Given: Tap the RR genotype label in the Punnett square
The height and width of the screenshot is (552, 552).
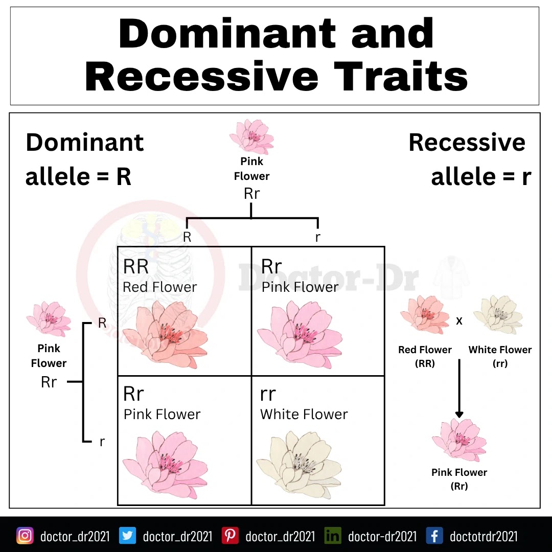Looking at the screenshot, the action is pyautogui.click(x=136, y=266).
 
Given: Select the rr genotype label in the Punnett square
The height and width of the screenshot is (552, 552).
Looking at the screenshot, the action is pyautogui.click(x=268, y=394).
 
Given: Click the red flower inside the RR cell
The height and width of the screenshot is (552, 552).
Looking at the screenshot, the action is pyautogui.click(x=165, y=335).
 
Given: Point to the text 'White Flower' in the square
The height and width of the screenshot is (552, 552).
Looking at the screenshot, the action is pyautogui.click(x=304, y=414).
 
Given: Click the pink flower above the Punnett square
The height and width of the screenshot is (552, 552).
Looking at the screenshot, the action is pyautogui.click(x=251, y=136).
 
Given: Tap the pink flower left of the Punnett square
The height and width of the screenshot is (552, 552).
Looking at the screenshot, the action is pyautogui.click(x=49, y=319).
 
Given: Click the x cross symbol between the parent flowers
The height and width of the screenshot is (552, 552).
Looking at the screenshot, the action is pyautogui.click(x=459, y=321).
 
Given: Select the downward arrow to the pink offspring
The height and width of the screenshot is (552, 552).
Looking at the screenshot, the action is pyautogui.click(x=459, y=388).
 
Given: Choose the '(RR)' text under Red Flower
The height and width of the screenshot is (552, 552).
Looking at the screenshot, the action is pyautogui.click(x=425, y=363).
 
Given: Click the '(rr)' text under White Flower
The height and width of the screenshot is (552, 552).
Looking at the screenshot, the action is pyautogui.click(x=500, y=363).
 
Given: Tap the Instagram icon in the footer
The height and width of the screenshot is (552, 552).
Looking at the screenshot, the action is pyautogui.click(x=25, y=536).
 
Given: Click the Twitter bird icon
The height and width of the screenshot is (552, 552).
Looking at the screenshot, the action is pyautogui.click(x=127, y=536).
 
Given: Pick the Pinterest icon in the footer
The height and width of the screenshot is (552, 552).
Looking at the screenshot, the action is pyautogui.click(x=230, y=536).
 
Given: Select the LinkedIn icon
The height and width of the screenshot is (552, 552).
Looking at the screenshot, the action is pyautogui.click(x=333, y=536).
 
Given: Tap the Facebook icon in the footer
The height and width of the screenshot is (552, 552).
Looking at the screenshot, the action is pyautogui.click(x=434, y=536).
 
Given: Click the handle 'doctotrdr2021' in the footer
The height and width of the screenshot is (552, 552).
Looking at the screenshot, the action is pyautogui.click(x=484, y=536).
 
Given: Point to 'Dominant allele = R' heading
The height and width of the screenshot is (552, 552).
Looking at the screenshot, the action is pyautogui.click(x=85, y=159).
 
